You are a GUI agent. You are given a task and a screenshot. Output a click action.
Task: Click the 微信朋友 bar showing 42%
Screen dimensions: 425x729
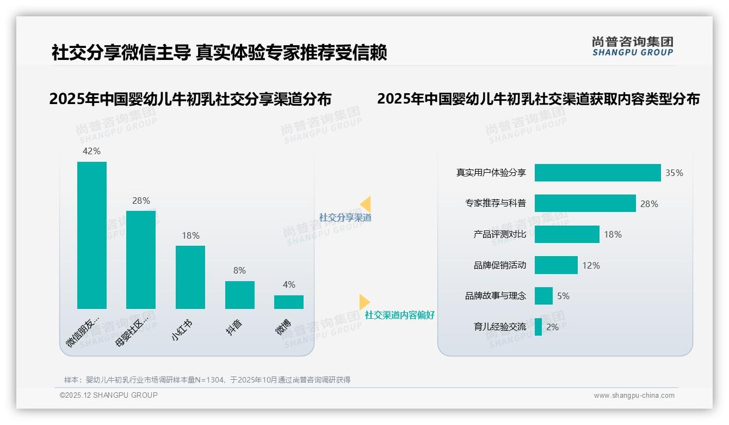pyautogui.click(x=92, y=235)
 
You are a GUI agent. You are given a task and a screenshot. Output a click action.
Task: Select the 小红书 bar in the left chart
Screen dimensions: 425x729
pyautogui.click(x=190, y=277)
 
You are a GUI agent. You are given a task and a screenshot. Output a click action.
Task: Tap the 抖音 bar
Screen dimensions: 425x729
pyautogui.click(x=240, y=295)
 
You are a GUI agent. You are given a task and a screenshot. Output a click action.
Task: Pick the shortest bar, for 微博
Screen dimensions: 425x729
pyautogui.click(x=289, y=302)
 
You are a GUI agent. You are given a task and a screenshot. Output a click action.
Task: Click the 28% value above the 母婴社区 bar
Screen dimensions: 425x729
pyautogui.click(x=141, y=201)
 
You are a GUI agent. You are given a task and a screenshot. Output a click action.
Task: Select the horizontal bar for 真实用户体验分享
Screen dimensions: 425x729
pyautogui.click(x=597, y=173)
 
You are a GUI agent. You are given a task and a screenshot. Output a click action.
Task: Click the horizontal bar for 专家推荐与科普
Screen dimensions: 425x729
pyautogui.click(x=585, y=203)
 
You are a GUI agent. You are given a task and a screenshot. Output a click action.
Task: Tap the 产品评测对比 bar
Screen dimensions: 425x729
pyautogui.click(x=567, y=234)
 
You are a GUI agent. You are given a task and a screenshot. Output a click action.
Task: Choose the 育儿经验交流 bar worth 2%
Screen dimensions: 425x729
pyautogui.click(x=538, y=327)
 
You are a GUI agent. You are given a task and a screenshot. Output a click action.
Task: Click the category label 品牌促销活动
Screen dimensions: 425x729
pyautogui.click(x=499, y=265)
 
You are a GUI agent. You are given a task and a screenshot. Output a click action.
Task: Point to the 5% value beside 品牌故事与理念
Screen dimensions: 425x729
pyautogui.click(x=563, y=296)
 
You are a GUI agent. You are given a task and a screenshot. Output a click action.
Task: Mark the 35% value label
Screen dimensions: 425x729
pyautogui.click(x=674, y=173)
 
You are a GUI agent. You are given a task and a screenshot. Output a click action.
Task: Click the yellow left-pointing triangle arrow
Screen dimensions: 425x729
pyautogui.click(x=366, y=204)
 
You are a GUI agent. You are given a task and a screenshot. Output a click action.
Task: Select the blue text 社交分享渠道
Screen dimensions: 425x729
pyautogui.click(x=345, y=217)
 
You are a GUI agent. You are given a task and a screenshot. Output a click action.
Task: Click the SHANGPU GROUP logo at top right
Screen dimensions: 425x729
pyautogui.click(x=632, y=46)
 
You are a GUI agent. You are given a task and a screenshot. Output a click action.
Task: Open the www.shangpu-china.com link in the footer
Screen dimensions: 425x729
pyautogui.click(x=634, y=396)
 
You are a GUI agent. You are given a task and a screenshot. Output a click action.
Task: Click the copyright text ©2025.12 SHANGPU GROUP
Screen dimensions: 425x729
pyautogui.click(x=109, y=395)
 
